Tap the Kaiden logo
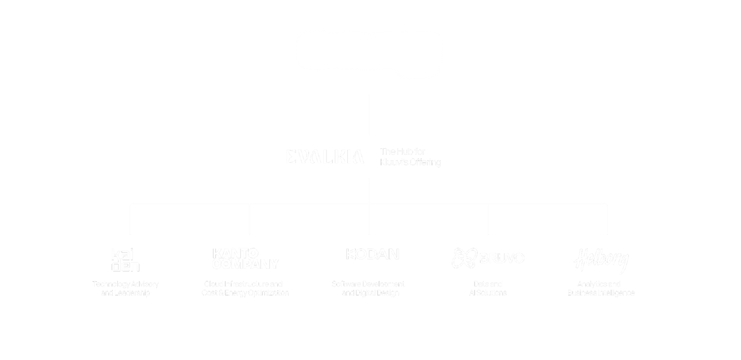coord(125,260)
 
